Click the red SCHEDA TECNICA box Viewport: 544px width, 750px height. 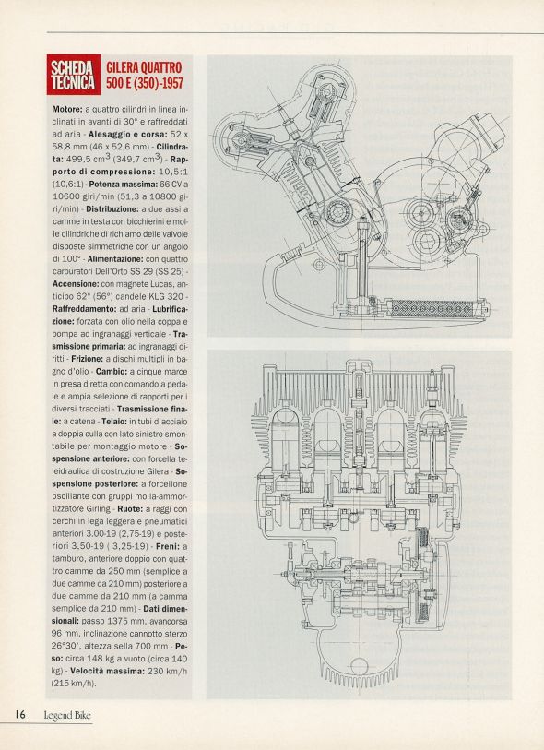[x=74, y=74]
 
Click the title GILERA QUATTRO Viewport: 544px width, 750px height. [x=144, y=67]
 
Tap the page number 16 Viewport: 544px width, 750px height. [x=20, y=715]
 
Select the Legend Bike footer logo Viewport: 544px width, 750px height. [x=67, y=716]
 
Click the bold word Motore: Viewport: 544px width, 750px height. [x=67, y=109]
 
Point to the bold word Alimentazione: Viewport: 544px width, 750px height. [x=115, y=259]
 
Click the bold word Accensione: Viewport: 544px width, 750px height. [x=76, y=283]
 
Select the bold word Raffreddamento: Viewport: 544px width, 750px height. [x=84, y=308]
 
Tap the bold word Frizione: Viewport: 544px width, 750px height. [x=87, y=358]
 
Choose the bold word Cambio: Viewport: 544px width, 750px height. [x=112, y=371]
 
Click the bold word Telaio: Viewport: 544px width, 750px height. [x=113, y=422]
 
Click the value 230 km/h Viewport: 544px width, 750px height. [x=167, y=671]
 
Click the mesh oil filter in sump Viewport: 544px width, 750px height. [x=432, y=309]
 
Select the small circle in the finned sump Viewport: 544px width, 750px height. [x=359, y=666]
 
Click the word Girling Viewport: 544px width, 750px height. [x=100, y=508]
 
